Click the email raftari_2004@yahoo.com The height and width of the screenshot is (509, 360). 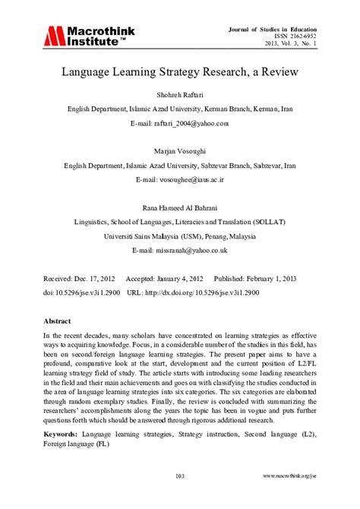click(180, 122)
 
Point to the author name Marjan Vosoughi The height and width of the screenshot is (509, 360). click(180, 150)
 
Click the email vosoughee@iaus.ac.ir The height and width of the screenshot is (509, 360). click(180, 179)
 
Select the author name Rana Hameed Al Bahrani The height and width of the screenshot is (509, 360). click(180, 207)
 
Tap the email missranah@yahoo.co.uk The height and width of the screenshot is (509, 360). click(180, 249)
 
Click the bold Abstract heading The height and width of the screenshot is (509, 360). click(58, 322)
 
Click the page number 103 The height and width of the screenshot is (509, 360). click(180, 476)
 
